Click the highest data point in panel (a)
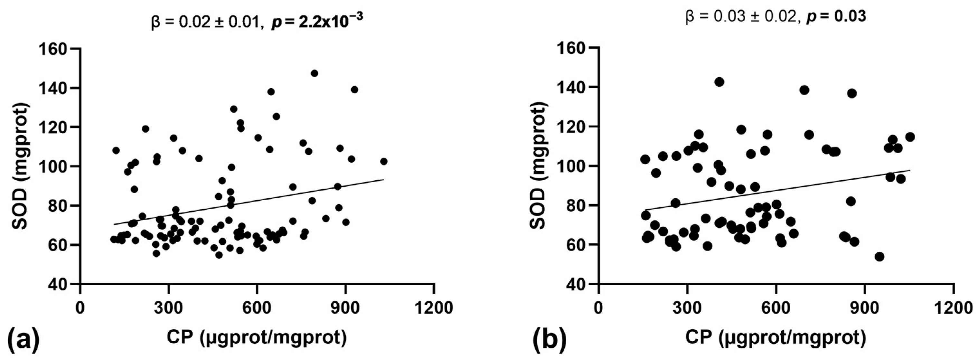314,73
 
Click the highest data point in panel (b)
719,82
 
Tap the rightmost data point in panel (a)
384,161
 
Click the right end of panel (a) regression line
384,180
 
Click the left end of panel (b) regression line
645,210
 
